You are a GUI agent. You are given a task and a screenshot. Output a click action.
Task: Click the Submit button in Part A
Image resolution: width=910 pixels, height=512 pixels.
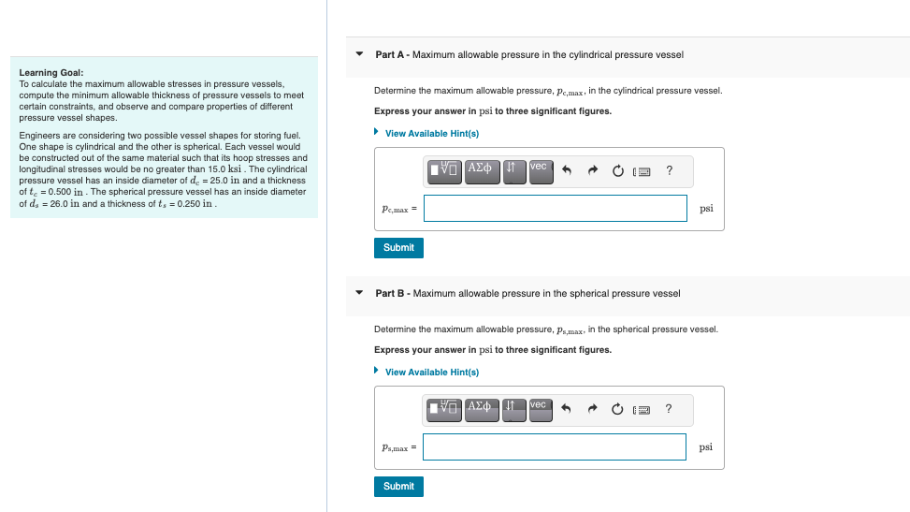pyautogui.click(x=398, y=248)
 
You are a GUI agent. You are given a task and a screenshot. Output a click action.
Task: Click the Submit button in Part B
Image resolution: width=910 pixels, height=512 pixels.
pyautogui.click(x=398, y=487)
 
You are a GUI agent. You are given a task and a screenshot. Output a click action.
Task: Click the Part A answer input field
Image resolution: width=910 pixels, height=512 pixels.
pyautogui.click(x=555, y=209)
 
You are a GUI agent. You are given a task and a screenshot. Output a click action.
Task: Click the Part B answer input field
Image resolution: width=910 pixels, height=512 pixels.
pyautogui.click(x=555, y=447)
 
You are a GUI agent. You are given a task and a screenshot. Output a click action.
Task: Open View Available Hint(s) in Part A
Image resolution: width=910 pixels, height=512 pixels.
pyautogui.click(x=431, y=133)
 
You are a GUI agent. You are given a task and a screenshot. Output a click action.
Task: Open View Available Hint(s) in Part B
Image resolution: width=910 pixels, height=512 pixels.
pyautogui.click(x=431, y=372)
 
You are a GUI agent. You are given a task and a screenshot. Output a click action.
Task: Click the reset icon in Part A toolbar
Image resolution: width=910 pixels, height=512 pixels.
pyautogui.click(x=618, y=171)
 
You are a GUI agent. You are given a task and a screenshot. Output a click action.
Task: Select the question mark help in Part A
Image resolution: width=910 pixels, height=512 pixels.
pyautogui.click(x=669, y=170)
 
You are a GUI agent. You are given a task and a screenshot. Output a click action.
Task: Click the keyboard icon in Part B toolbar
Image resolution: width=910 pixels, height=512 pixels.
pyautogui.click(x=643, y=410)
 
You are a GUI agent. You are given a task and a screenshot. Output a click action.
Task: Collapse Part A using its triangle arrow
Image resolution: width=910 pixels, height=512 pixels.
pyautogui.click(x=359, y=54)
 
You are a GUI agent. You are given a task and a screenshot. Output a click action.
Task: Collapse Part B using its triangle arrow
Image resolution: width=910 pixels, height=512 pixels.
pyautogui.click(x=359, y=293)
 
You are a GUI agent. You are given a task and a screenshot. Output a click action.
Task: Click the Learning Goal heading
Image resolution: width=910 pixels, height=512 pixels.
pyautogui.click(x=51, y=72)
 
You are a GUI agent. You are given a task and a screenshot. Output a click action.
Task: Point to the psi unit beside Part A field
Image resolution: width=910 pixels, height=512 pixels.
pyautogui.click(x=706, y=209)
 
